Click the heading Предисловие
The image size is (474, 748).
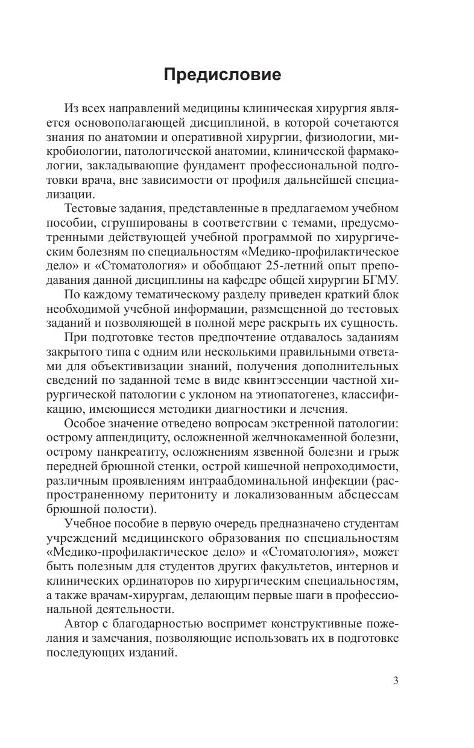[223, 75]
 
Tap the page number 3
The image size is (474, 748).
[396, 681]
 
